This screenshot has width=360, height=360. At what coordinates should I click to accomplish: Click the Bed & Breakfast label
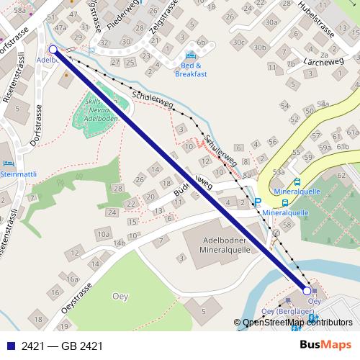pyautogui.click(x=191, y=69)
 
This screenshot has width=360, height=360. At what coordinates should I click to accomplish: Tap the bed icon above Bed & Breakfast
pyautogui.click(x=191, y=55)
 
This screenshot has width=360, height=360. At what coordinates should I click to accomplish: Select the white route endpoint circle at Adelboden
pyautogui.click(x=53, y=50)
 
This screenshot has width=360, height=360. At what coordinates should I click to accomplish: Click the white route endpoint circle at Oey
pyautogui.click(x=307, y=290)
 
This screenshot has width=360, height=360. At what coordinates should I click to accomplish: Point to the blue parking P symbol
pyautogui.click(x=257, y=203)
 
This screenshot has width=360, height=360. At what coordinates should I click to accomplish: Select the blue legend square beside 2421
pyautogui.click(x=10, y=346)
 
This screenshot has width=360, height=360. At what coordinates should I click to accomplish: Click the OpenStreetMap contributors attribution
pyautogui.click(x=297, y=323)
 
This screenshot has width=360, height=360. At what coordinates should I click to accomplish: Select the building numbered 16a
pyautogui.click(x=72, y=279)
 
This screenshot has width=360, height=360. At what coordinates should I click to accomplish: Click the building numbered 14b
pyautogui.click(x=119, y=243)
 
